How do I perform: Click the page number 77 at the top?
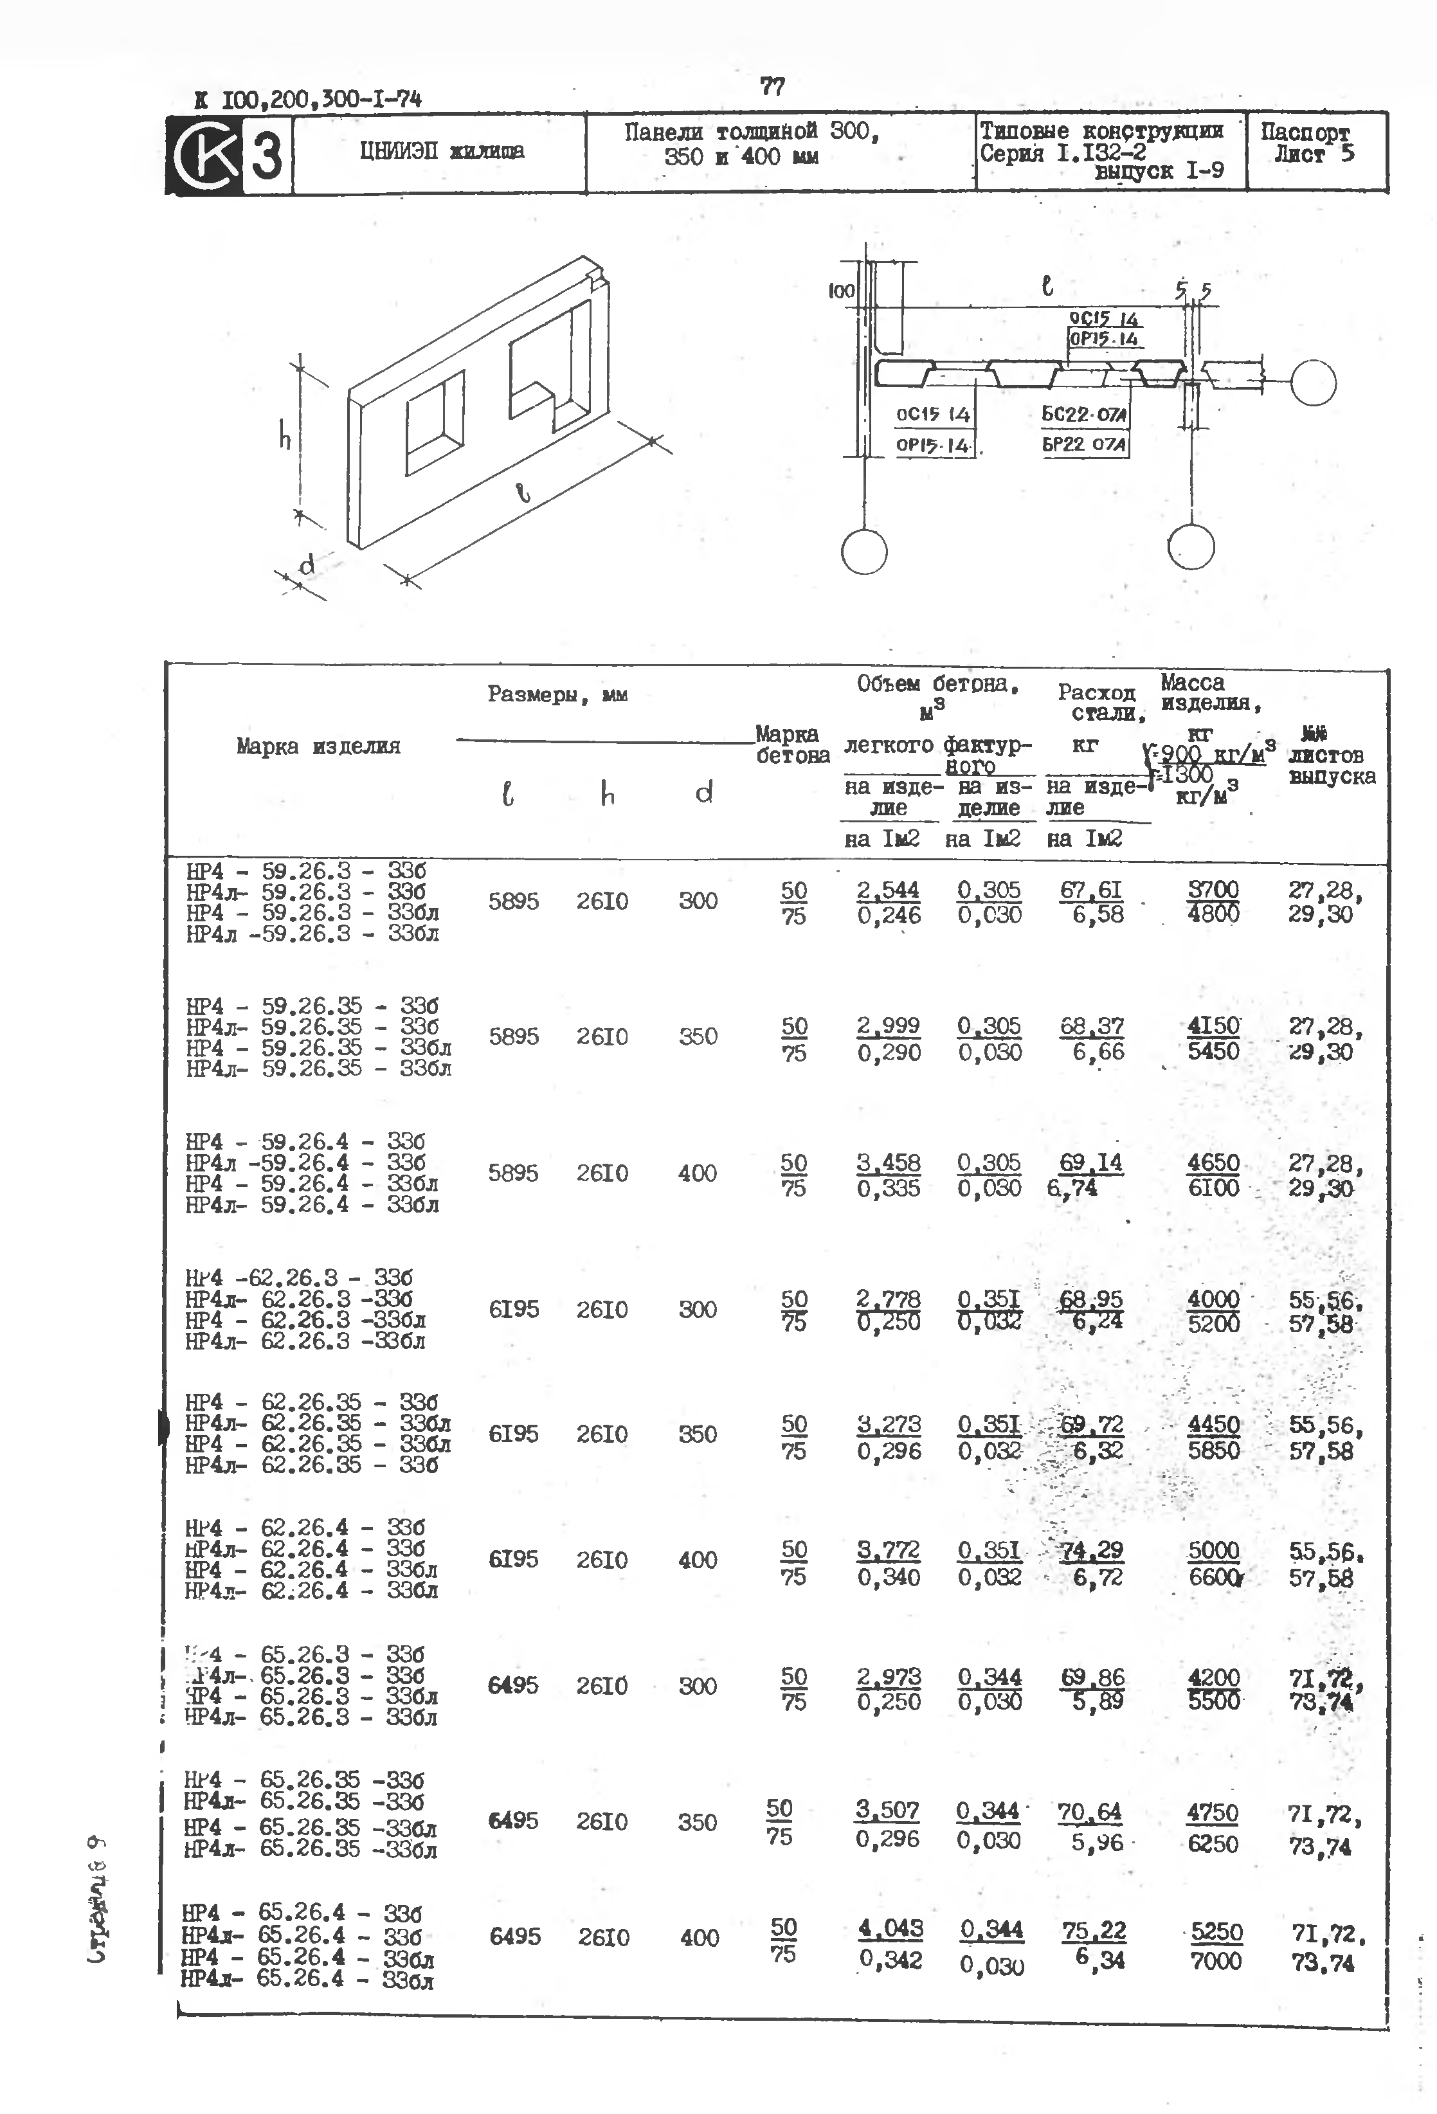pyautogui.click(x=772, y=86)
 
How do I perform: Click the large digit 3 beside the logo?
pyautogui.click(x=266, y=154)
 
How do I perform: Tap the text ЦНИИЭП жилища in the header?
pyautogui.click(x=441, y=151)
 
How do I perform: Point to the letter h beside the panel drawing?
pyautogui.click(x=285, y=438)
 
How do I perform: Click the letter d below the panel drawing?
pyautogui.click(x=307, y=565)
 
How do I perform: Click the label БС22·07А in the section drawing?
pyautogui.click(x=1084, y=415)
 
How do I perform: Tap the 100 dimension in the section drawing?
pyautogui.click(x=841, y=290)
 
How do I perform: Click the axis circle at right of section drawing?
pyautogui.click(x=1312, y=383)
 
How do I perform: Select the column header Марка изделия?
pyautogui.click(x=318, y=746)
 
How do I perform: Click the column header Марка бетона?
pyautogui.click(x=792, y=744)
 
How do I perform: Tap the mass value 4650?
pyautogui.click(x=1213, y=1162)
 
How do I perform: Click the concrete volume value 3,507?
pyautogui.click(x=887, y=1809)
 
